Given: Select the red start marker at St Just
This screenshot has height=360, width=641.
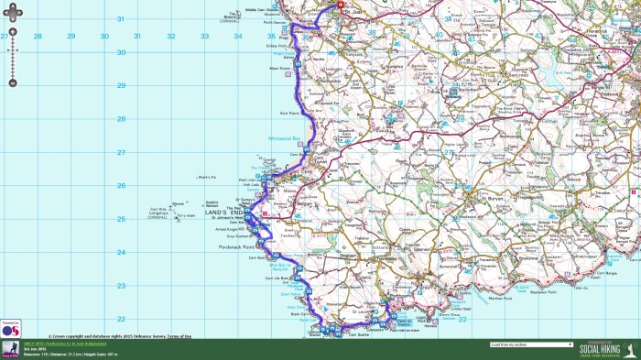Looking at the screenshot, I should pos(338,5).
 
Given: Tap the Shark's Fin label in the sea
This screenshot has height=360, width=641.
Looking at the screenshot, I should pos(205,177).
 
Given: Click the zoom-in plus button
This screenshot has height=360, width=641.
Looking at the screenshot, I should pos(13,37).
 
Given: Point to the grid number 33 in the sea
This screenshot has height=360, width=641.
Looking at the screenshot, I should pos(170,37).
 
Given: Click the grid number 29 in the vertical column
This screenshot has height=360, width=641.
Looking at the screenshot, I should pos(147,86).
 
